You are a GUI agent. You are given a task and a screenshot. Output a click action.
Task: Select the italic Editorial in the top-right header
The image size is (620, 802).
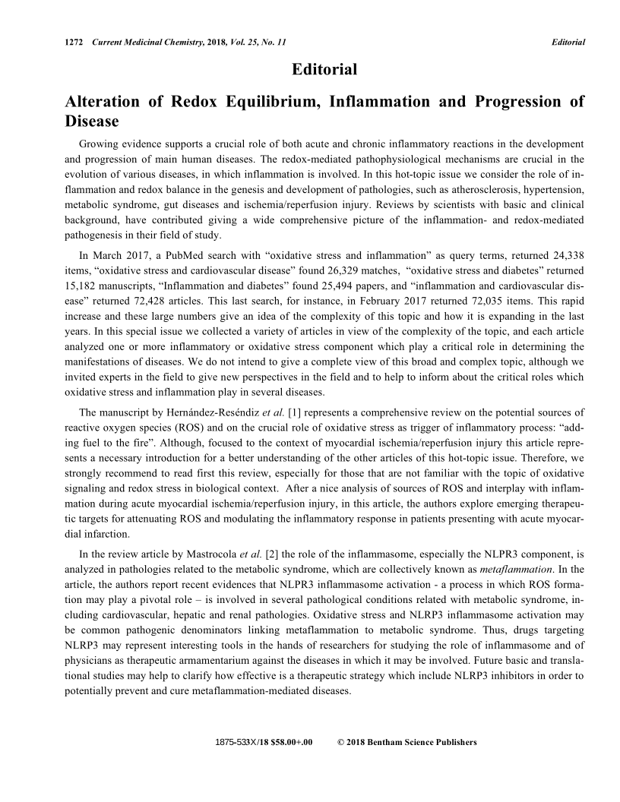pyautogui.click(x=568, y=41)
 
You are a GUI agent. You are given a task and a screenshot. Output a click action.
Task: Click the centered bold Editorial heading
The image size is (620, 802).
pyautogui.click(x=324, y=70)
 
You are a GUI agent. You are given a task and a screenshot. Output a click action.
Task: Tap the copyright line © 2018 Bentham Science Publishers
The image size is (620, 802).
pyautogui.click(x=406, y=742)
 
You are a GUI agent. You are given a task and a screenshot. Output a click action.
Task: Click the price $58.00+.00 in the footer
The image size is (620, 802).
pyautogui.click(x=293, y=742)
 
